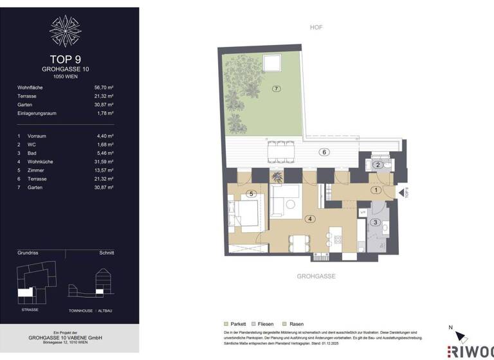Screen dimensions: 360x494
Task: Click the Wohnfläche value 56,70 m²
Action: pyautogui.click(x=103, y=87)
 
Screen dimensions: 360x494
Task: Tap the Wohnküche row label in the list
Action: pyautogui.click(x=39, y=161)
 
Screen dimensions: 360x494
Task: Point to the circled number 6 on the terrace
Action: pyautogui.click(x=325, y=152)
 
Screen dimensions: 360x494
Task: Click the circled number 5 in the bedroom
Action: pyautogui.click(x=252, y=194)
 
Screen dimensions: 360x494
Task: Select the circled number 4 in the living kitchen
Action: pyautogui.click(x=310, y=219)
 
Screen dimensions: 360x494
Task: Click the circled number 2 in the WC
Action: pyautogui.click(x=379, y=165)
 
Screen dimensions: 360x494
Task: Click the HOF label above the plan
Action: pyautogui.click(x=316, y=28)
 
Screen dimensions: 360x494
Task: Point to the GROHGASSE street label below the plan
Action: pyautogui.click(x=315, y=276)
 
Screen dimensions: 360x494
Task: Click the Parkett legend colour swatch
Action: pyautogui.click(x=226, y=324)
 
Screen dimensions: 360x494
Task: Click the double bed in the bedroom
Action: pyautogui.click(x=246, y=211)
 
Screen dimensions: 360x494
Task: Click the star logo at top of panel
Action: pyautogui.click(x=66, y=31)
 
